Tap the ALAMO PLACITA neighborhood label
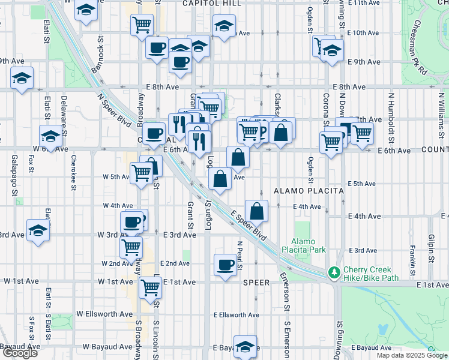(x=309, y=191)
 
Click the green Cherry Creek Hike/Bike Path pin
(x=334, y=273)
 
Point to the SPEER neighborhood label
(x=258, y=281)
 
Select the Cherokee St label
(x=73, y=171)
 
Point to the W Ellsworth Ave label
(x=104, y=314)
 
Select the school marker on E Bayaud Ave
(x=244, y=346)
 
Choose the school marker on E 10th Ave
(x=224, y=26)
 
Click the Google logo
(x=20, y=353)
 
